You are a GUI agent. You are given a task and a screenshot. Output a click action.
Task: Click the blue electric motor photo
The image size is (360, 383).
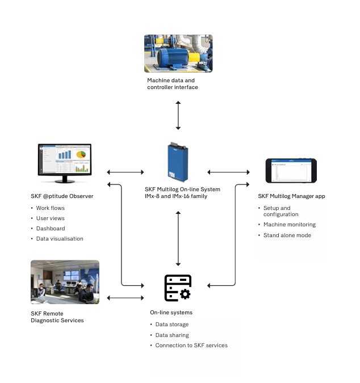[x=178, y=53]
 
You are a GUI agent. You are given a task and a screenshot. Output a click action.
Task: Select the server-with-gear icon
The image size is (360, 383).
[x=178, y=288]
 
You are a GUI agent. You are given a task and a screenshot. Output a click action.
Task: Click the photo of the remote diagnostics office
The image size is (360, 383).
[x=64, y=282]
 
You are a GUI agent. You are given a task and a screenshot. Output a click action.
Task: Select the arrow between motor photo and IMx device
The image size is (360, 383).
[x=178, y=116]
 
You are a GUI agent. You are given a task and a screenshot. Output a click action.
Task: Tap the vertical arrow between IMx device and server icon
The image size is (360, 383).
[x=178, y=238]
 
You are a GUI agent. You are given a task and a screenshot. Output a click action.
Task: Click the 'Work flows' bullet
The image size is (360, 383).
[x=49, y=208]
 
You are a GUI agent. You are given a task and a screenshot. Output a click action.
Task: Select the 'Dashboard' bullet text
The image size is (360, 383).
[x=50, y=229]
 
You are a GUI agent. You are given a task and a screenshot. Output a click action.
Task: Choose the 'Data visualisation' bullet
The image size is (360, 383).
[x=59, y=239]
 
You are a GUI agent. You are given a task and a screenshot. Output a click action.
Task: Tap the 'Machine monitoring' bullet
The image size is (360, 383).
[x=289, y=225]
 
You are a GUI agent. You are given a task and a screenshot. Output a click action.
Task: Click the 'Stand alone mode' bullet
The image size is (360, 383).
[x=287, y=235]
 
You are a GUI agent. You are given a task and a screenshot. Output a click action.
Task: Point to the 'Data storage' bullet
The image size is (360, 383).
[x=172, y=325]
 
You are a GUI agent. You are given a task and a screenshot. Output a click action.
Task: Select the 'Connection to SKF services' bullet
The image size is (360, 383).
[x=191, y=345]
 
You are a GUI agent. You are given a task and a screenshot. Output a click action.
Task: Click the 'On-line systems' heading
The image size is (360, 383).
[x=171, y=313]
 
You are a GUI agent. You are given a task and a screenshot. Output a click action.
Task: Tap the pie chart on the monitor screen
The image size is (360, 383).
[x=82, y=154]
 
